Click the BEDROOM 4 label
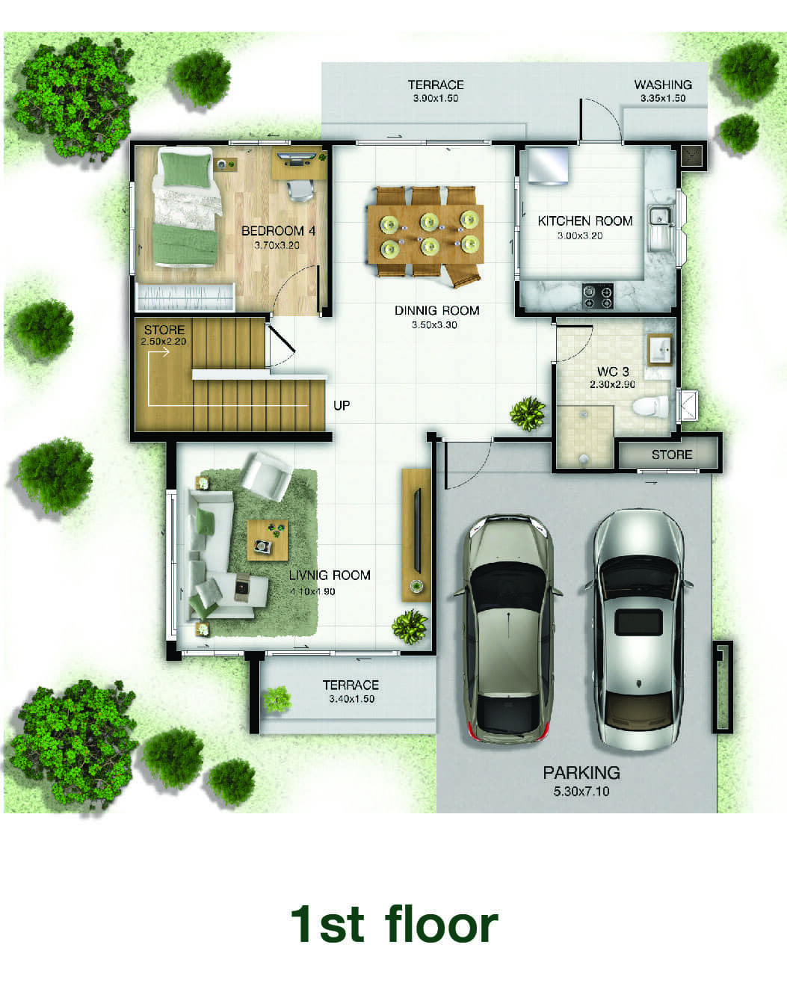coord(278,231)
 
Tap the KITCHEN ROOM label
coord(585,221)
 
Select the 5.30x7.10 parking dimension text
coord(581,791)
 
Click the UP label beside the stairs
coord(342,406)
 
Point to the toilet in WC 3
coord(650,406)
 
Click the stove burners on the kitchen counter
coord(598,296)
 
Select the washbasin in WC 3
coord(660,351)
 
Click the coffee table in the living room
coord(268,540)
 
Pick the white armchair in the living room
coord(267,476)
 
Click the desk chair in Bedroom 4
coord(301,190)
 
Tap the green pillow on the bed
coord(186,170)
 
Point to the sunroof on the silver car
coord(638,622)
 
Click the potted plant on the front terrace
coord(277,700)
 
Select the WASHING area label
coord(663,84)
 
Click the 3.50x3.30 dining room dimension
coord(434,324)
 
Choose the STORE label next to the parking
coord(672,454)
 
